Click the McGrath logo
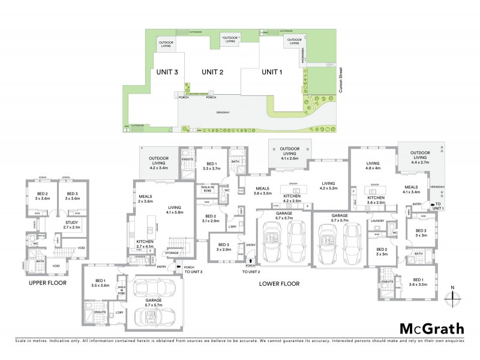click(431, 328)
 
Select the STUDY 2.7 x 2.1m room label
click(71, 225)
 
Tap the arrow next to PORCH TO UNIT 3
click(178, 272)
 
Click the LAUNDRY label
click(377, 221)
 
